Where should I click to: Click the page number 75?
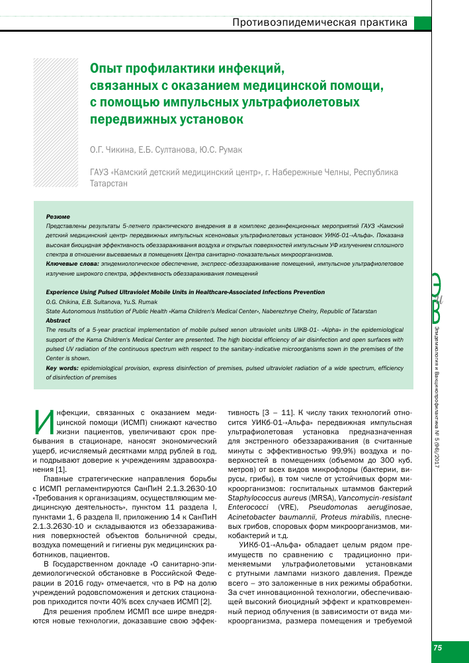click(x=438, y=648)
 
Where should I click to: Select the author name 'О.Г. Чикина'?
click(x=112, y=150)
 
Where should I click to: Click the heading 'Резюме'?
click(x=58, y=217)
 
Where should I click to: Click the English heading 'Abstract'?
click(x=58, y=320)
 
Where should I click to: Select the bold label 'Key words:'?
click(x=62, y=367)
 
